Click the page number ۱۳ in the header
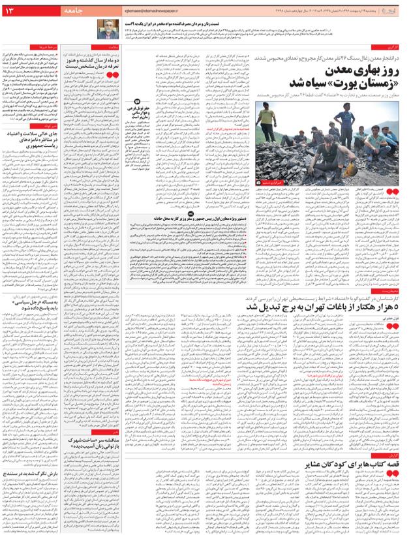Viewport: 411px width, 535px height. click(x=15, y=11)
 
